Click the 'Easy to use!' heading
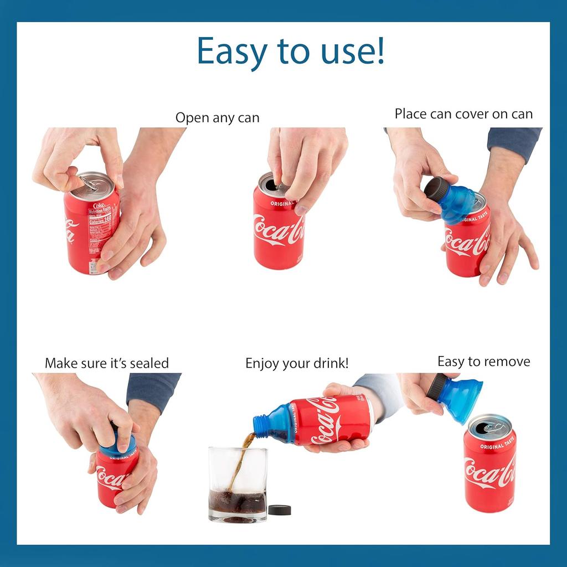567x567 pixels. click(290, 51)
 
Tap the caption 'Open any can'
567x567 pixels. click(217, 118)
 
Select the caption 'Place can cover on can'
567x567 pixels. click(463, 114)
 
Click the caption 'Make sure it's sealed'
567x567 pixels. click(106, 364)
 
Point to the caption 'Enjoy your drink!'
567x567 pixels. click(297, 364)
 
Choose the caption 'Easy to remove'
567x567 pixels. click(483, 362)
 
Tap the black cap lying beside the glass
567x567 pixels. click(279, 510)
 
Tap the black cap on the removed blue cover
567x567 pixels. click(437, 387)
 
